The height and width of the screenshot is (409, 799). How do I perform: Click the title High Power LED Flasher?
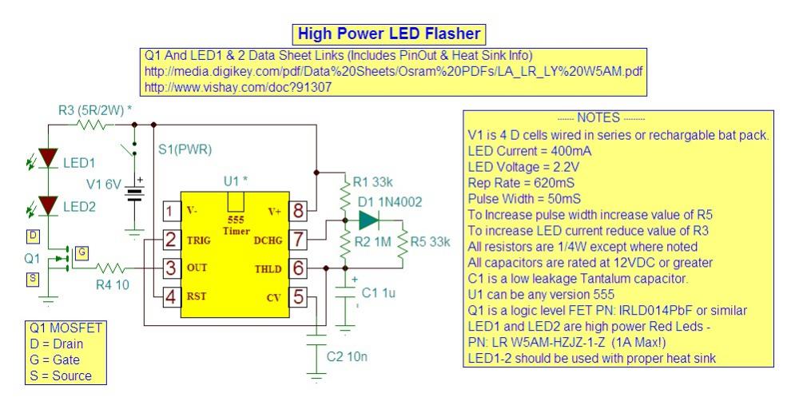(389, 34)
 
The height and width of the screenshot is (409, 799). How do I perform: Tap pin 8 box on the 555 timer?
(298, 210)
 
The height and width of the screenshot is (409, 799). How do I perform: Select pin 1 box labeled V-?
(171, 210)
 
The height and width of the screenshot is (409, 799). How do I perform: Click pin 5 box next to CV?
(298, 297)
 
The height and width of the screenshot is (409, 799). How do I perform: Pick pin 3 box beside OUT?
(171, 268)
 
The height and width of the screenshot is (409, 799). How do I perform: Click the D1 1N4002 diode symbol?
(368, 220)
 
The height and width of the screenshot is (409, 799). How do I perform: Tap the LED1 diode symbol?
(49, 158)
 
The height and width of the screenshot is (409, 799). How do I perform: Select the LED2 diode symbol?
(49, 205)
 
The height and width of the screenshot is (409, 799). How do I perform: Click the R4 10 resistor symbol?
(110, 268)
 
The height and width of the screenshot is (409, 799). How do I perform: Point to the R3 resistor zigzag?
(92, 125)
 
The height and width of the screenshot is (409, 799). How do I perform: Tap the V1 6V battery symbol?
(134, 193)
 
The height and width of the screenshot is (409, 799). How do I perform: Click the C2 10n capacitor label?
(347, 356)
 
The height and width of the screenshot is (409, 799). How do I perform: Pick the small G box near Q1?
(81, 252)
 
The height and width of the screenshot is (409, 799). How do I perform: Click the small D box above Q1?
(33, 236)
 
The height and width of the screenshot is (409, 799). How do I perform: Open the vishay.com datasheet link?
(238, 87)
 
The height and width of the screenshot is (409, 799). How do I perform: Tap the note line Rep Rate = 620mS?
(521, 183)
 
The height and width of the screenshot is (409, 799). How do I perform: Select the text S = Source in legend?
(61, 376)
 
